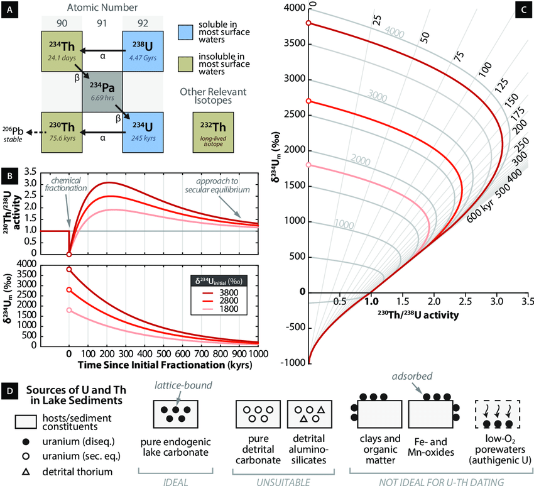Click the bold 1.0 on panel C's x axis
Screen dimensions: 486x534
click(371, 301)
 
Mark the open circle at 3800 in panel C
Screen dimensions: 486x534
click(308, 23)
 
